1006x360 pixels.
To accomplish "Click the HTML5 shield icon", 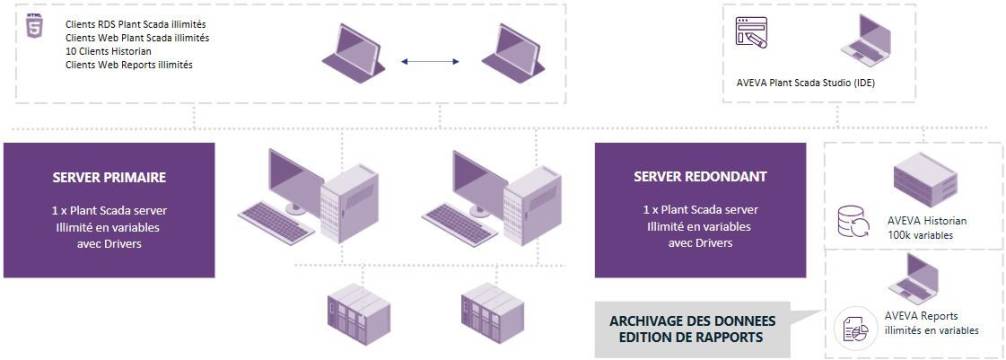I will point(34,27).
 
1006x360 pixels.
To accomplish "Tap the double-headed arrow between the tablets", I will point(430,62).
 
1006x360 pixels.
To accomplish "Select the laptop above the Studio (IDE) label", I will point(864,43).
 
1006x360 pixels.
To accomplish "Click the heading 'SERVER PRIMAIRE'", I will point(109,177).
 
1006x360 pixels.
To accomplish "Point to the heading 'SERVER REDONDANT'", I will point(700,177).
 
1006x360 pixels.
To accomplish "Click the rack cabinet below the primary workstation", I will point(354,311).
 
